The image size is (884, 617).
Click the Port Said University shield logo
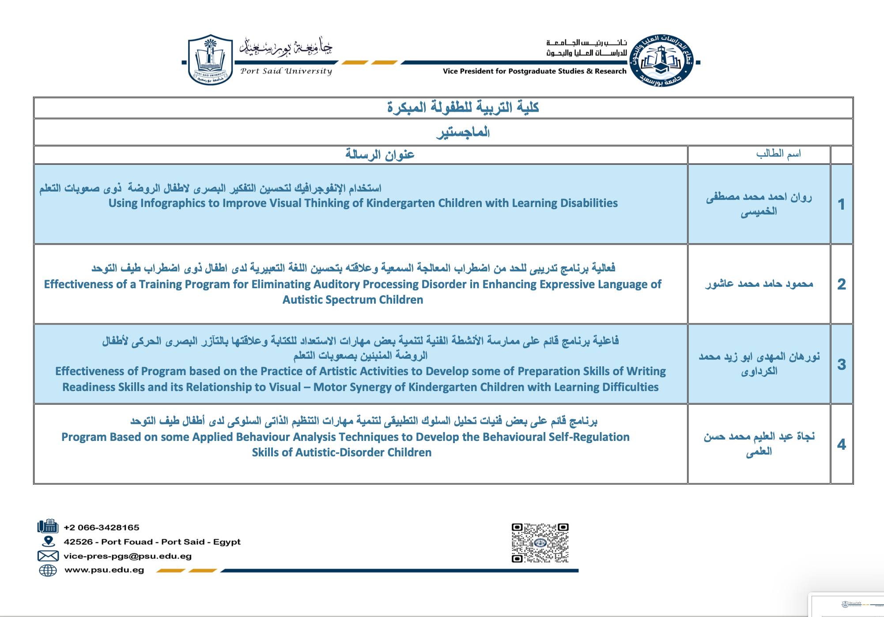click(210, 60)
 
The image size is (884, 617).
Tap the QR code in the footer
click(540, 543)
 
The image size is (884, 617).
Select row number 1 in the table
click(841, 204)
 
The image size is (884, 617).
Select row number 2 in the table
click(841, 284)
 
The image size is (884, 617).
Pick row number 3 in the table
click(841, 365)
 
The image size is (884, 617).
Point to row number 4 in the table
click(841, 444)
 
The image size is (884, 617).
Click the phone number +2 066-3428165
click(101, 527)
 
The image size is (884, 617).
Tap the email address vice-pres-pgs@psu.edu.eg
click(127, 556)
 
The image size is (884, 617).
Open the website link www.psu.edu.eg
click(104, 570)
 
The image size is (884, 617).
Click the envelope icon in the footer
click(48, 556)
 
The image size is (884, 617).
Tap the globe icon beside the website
click(48, 570)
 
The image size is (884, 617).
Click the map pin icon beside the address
click(48, 542)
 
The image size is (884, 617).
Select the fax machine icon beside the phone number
click(48, 527)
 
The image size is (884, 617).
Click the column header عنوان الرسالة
click(380, 154)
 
